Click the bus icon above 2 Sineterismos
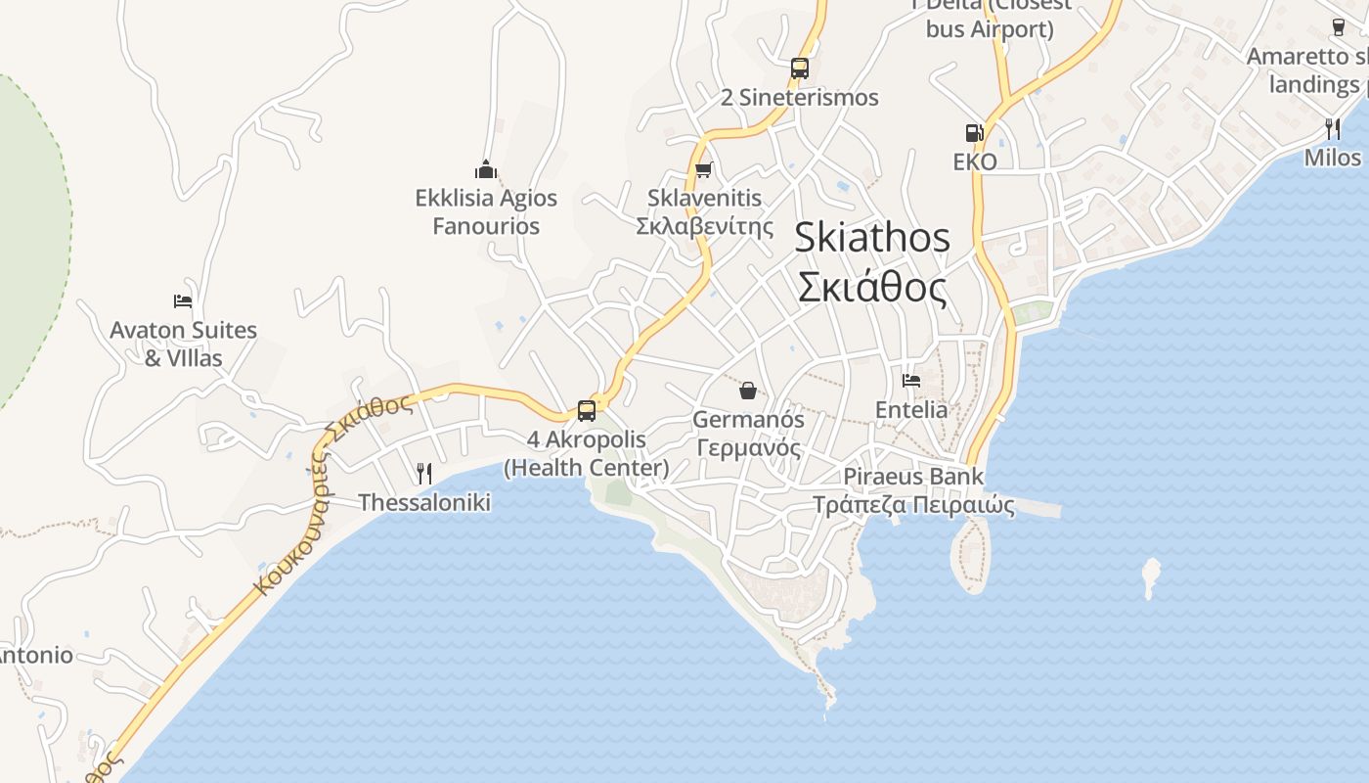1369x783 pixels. point(800,69)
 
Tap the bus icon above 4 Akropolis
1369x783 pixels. point(587,411)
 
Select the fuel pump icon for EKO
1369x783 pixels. point(974,133)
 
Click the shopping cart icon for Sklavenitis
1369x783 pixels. point(703,169)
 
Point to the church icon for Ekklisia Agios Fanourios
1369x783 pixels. point(486,169)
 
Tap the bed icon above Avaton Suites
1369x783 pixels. point(183,301)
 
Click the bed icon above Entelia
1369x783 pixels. point(911,381)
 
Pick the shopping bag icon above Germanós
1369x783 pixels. point(748,391)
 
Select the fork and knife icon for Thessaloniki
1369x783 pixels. point(424,474)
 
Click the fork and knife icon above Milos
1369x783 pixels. point(1332,128)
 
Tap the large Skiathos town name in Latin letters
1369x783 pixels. point(872,238)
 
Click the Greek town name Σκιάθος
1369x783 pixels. point(872,288)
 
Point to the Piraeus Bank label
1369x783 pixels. point(913,477)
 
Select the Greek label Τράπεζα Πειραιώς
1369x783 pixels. point(913,505)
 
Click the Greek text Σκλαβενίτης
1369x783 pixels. point(698,226)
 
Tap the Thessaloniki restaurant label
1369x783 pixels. point(424,502)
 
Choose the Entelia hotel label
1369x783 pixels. point(911,409)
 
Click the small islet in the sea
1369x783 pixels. point(1151,577)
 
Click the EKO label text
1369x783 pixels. point(975,161)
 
